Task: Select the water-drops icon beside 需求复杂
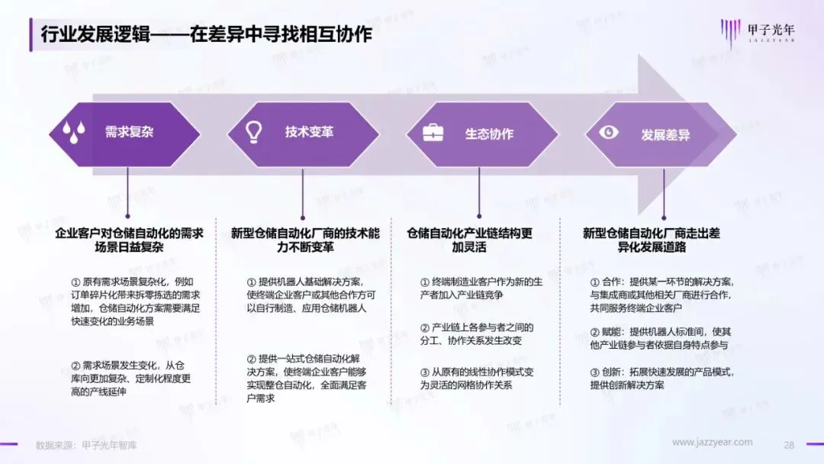(74, 132)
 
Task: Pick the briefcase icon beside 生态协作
(433, 133)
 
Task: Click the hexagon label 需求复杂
(129, 132)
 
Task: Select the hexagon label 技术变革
(309, 132)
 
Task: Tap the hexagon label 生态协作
(489, 134)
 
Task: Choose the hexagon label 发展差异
(665, 135)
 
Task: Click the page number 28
(789, 444)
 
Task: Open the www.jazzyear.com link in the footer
(712, 443)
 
